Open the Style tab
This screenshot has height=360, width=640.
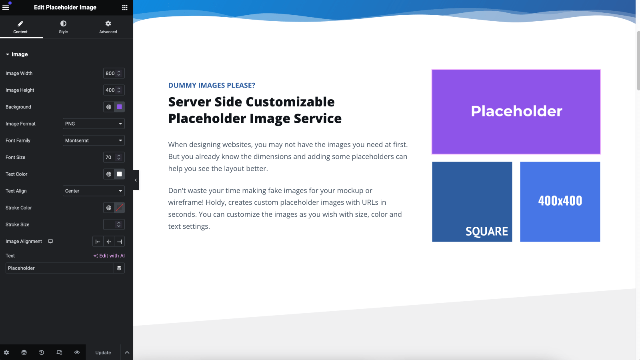point(63,27)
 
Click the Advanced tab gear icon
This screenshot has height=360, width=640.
point(108,24)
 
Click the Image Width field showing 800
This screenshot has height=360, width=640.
point(110,73)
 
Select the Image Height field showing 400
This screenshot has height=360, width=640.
point(110,90)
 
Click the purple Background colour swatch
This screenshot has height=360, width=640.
point(119,107)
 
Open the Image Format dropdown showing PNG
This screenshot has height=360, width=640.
point(94,124)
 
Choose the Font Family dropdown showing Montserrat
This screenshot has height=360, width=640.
point(94,140)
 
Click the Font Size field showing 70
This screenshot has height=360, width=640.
point(109,157)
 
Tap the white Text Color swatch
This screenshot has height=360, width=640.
point(119,174)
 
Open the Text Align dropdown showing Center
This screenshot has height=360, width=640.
point(94,191)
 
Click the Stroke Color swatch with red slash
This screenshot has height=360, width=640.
point(119,208)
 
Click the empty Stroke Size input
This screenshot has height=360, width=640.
point(110,224)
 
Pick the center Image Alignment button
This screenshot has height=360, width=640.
point(109,242)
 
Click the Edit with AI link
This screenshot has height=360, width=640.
point(109,256)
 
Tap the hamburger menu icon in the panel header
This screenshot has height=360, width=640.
point(6,7)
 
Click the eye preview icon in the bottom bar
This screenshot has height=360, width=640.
point(77,352)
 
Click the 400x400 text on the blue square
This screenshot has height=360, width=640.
point(560,200)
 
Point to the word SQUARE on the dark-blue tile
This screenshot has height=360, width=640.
point(487,231)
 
